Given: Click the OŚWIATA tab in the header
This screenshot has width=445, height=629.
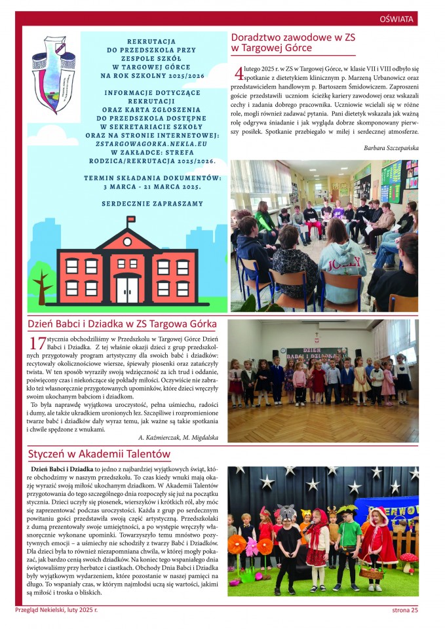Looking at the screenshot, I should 397,19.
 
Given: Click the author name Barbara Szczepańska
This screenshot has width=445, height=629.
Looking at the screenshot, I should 391,148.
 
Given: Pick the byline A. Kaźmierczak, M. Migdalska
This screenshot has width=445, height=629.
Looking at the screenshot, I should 178,436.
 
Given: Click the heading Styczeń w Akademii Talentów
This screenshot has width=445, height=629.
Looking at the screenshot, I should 99,453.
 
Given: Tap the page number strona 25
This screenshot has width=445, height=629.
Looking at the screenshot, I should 400,611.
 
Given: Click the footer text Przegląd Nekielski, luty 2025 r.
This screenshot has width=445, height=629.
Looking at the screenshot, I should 56,611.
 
